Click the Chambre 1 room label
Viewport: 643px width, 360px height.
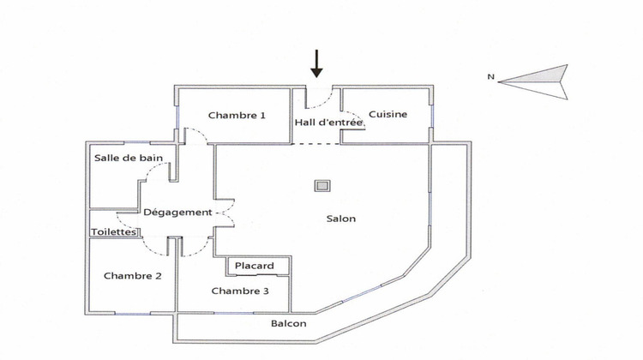point(237,115)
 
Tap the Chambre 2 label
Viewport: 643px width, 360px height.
point(133,276)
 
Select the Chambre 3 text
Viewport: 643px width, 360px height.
point(240,291)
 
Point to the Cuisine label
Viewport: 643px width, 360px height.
point(388,115)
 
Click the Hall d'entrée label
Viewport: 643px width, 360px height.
point(330,123)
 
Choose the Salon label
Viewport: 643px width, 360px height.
point(340,219)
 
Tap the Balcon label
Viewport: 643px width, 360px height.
point(289,324)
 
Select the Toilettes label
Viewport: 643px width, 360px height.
point(113,231)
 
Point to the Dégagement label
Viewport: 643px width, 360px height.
point(177,213)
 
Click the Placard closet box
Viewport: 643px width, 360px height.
point(255,267)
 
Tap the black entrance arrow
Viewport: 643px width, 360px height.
point(316,63)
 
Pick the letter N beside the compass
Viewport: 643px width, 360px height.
point(491,77)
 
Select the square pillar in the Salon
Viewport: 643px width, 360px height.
point(322,185)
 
